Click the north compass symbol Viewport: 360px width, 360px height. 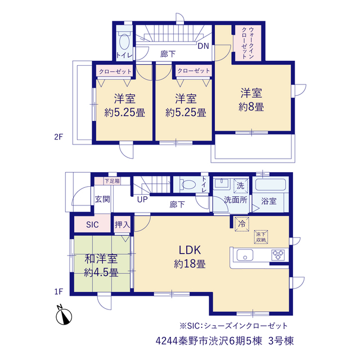64,316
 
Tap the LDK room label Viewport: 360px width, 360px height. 190,250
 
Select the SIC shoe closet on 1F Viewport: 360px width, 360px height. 92,224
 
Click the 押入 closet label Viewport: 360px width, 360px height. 122,224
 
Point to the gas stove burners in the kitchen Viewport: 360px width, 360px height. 278,255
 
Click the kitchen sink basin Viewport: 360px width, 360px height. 245,255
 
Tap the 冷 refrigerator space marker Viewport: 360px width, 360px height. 241,224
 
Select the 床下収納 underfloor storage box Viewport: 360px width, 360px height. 261,237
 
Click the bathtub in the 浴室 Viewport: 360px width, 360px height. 271,184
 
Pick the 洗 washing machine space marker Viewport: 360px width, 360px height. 240,186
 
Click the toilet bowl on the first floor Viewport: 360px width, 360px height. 188,184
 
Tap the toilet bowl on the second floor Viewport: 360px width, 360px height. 124,42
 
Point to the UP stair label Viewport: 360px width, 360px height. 142,199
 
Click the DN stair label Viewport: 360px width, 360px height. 204,46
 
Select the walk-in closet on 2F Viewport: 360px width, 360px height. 247,43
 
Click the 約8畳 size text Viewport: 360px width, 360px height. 251,107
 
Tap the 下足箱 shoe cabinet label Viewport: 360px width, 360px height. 112,181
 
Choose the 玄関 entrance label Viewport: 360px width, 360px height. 102,199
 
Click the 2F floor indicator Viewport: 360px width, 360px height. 58,137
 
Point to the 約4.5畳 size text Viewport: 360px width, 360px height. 101,273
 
